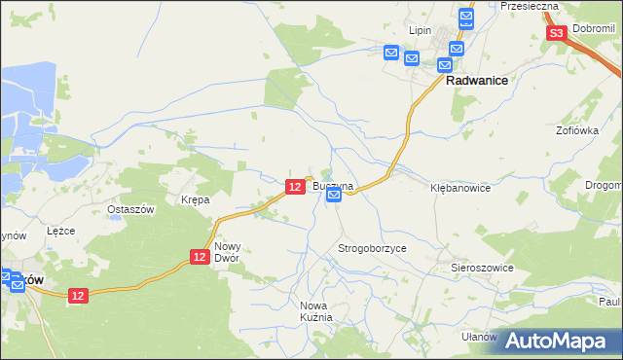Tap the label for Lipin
coord(420,30)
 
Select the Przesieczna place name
coord(529,6)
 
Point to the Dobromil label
coord(595,31)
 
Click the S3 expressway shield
coord(556,34)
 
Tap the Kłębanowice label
coord(460,188)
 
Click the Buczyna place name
coord(333,185)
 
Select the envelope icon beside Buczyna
coord(334,196)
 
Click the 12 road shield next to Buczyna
coord(295,186)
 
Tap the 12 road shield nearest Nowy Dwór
coord(200,256)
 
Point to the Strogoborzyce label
coord(372,249)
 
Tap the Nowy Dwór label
coord(227,253)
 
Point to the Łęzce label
coord(61,231)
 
